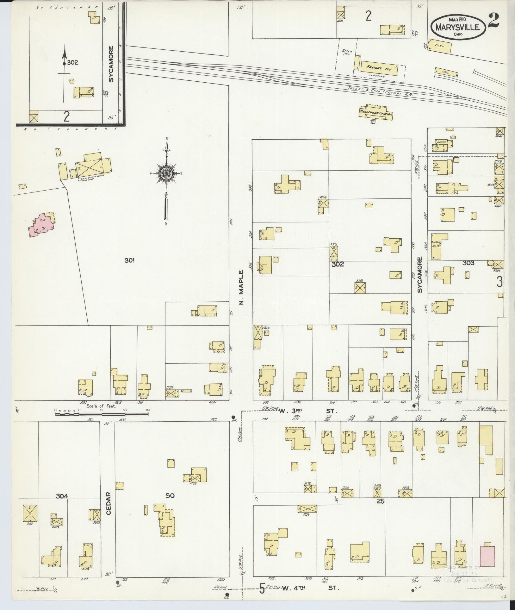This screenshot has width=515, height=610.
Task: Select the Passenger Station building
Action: [375, 113]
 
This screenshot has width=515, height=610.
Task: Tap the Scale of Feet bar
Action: [101, 413]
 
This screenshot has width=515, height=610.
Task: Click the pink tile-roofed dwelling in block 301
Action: [42, 225]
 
